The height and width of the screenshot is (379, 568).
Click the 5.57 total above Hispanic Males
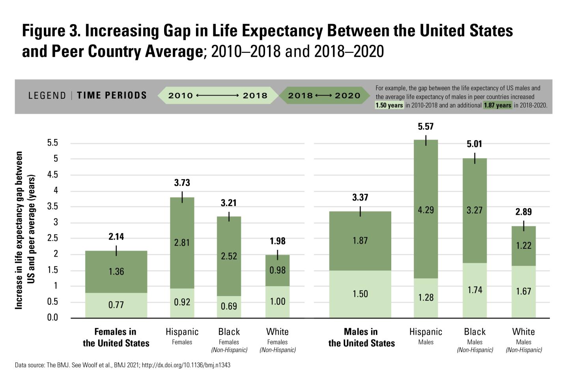(x=426, y=127)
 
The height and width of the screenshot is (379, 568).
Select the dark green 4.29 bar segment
(x=426, y=210)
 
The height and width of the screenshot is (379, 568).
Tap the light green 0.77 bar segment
(x=116, y=305)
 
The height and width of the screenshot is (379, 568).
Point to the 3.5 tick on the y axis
(x=53, y=206)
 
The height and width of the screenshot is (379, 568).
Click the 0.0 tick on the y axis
(x=52, y=317)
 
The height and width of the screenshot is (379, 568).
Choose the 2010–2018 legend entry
(x=217, y=96)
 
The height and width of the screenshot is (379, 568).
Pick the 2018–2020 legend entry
(x=324, y=96)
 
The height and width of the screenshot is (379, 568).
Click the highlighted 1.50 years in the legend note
(x=389, y=105)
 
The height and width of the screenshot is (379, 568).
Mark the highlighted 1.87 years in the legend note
(x=497, y=105)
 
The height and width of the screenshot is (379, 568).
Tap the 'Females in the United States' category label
(x=116, y=338)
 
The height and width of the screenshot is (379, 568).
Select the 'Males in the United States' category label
(x=361, y=338)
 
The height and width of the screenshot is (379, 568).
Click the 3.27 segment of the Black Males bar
(x=475, y=210)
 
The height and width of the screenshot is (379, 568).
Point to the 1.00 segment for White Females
(x=277, y=302)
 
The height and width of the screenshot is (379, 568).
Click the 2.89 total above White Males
(x=523, y=212)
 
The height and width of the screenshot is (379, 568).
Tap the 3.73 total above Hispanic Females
(x=182, y=183)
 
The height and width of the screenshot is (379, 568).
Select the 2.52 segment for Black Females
(x=229, y=256)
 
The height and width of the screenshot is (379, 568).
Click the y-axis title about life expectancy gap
(x=25, y=230)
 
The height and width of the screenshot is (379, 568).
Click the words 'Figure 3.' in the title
(x=51, y=31)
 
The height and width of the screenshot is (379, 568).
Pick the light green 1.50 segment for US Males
(x=360, y=294)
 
